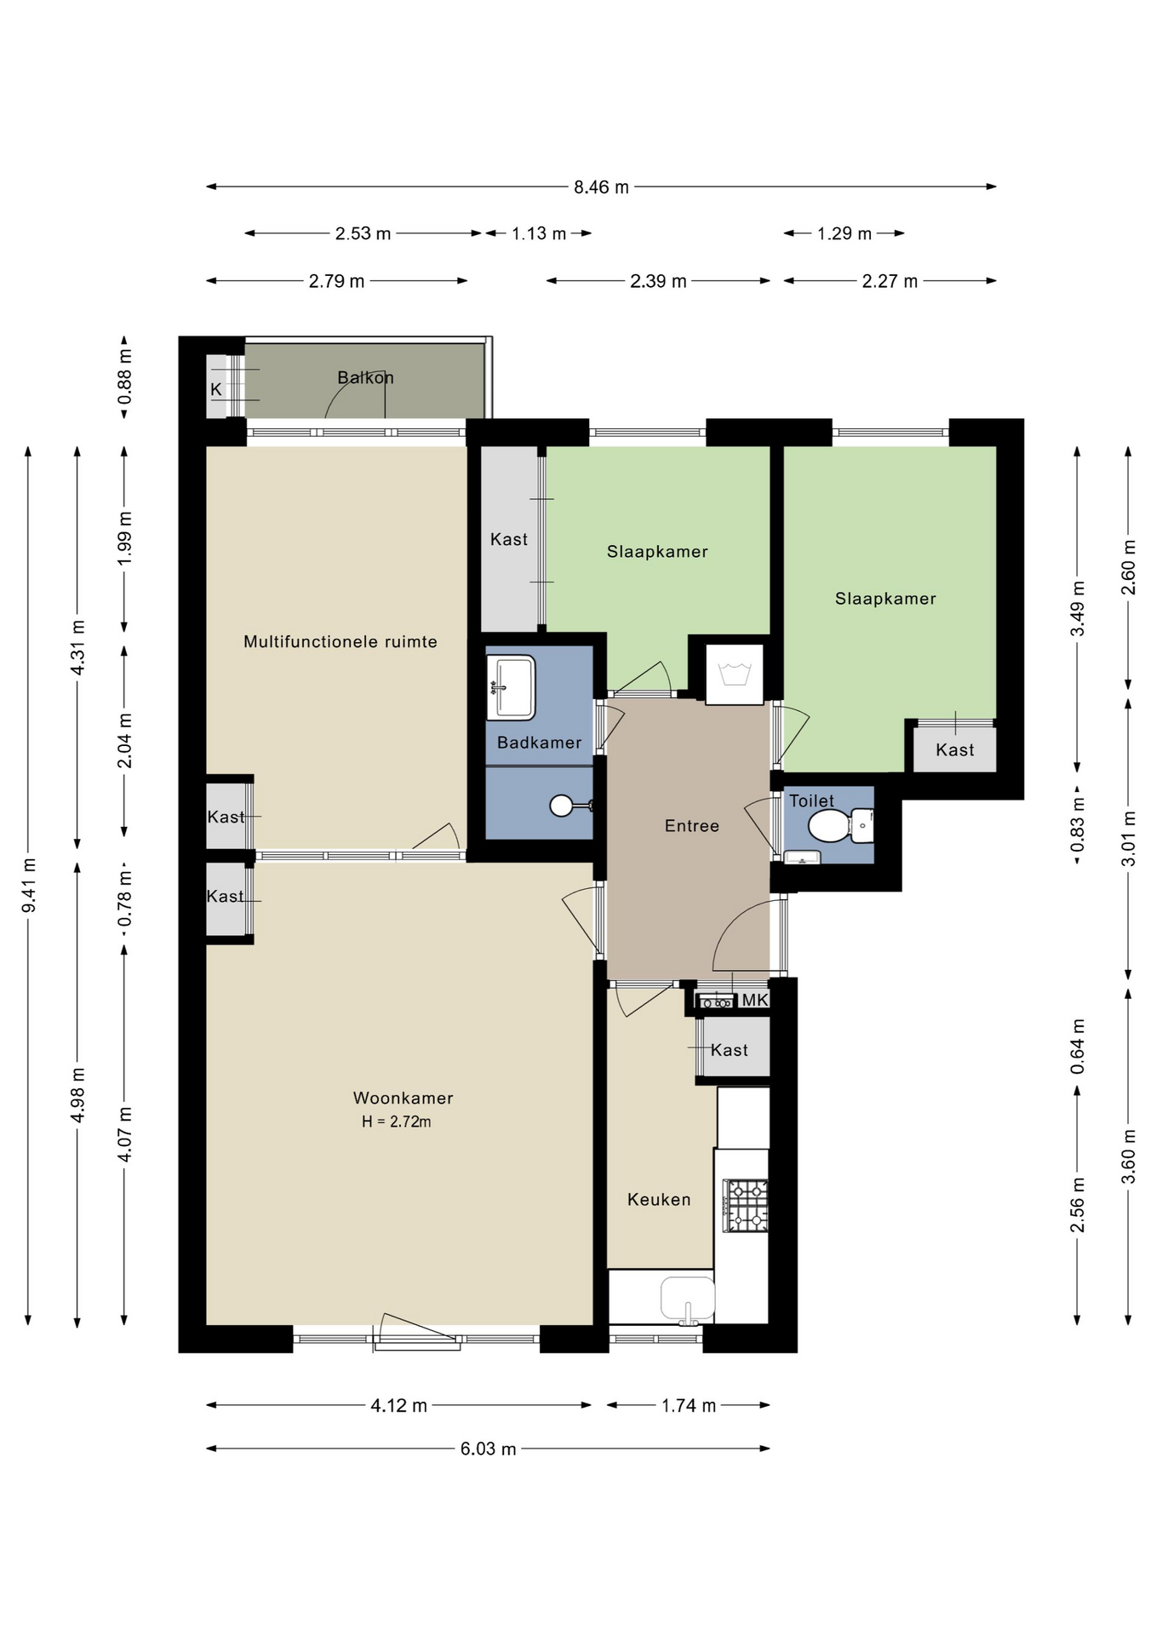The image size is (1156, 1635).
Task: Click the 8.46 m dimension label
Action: click(x=601, y=187)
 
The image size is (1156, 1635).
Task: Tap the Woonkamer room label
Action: click(x=403, y=1099)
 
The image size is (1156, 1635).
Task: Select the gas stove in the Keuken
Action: click(x=746, y=1205)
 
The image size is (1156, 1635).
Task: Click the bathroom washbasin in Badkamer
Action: click(x=511, y=686)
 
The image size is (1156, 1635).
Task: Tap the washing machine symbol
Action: click(x=734, y=674)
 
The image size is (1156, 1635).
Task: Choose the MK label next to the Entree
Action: click(x=755, y=1001)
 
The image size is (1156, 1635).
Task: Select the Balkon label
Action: click(x=365, y=377)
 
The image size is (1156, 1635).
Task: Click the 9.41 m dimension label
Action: click(x=29, y=886)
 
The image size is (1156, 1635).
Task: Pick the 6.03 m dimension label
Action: click(x=489, y=1449)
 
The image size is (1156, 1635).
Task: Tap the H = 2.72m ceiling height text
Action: click(x=397, y=1122)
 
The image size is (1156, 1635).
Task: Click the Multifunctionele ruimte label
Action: click(x=341, y=642)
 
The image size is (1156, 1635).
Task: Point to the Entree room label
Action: click(x=692, y=826)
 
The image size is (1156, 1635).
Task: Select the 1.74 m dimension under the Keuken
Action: click(x=689, y=1406)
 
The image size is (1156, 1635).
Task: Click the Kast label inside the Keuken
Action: click(x=730, y=1051)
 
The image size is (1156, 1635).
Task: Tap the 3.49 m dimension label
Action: click(x=1078, y=608)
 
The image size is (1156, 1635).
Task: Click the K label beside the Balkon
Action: click(x=216, y=389)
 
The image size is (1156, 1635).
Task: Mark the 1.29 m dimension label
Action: click(x=844, y=234)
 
